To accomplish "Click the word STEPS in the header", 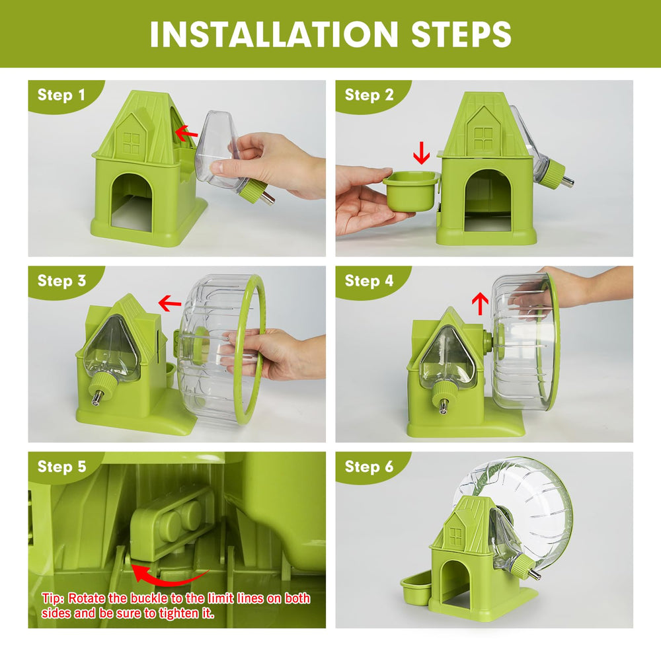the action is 461,34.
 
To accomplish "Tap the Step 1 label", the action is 61,95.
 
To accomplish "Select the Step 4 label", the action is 369,280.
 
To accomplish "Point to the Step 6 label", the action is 369,466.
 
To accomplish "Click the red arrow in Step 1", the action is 186,132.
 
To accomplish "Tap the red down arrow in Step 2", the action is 421,153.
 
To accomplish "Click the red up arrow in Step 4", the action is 480,304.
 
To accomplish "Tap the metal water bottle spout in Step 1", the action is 268,197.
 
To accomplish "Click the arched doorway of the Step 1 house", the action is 131,202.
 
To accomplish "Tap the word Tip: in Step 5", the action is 53,598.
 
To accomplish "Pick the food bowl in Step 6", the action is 414,590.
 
